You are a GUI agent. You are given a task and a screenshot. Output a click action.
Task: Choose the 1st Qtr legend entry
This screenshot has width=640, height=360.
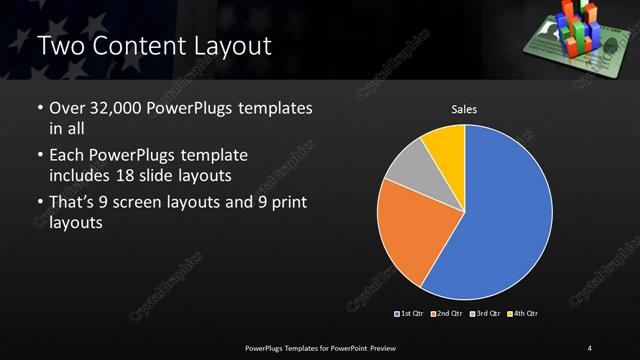411,314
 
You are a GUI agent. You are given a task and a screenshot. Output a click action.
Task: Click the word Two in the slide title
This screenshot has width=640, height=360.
62,46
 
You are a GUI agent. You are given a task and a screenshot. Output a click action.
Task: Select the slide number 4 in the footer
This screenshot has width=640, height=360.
590,347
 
